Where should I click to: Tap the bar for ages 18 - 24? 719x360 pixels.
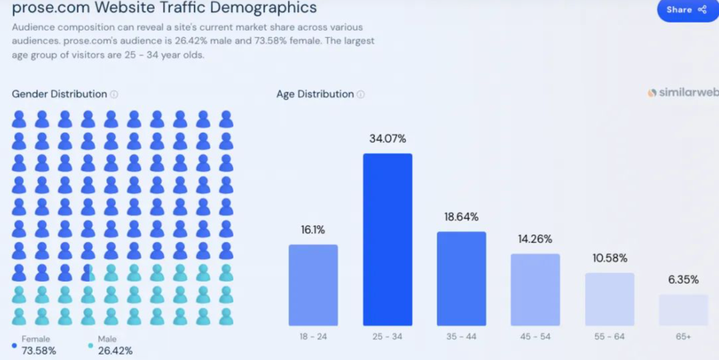pos(313,285)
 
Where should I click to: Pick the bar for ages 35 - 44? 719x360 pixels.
pos(461,279)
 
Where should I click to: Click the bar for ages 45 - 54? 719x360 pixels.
pos(535,290)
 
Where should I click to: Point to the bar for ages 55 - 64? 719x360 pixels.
pos(610,299)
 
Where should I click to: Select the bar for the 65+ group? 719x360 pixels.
pos(683,310)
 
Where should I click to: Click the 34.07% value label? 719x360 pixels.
pos(387,139)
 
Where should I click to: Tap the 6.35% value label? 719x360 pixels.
pos(683,280)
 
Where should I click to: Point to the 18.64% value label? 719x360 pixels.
pos(461,217)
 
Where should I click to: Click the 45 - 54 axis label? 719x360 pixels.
pos(535,337)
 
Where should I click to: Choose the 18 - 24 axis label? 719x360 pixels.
pos(313,337)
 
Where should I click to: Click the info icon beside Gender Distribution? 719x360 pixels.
pos(114,94)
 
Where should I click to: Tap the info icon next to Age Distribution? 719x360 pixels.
pos(361,94)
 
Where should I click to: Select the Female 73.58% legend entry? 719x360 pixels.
pos(37,345)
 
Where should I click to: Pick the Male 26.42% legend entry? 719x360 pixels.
pos(113,345)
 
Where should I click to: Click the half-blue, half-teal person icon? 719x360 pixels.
pos(88,273)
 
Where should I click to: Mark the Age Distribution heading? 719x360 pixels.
pos(315,94)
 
